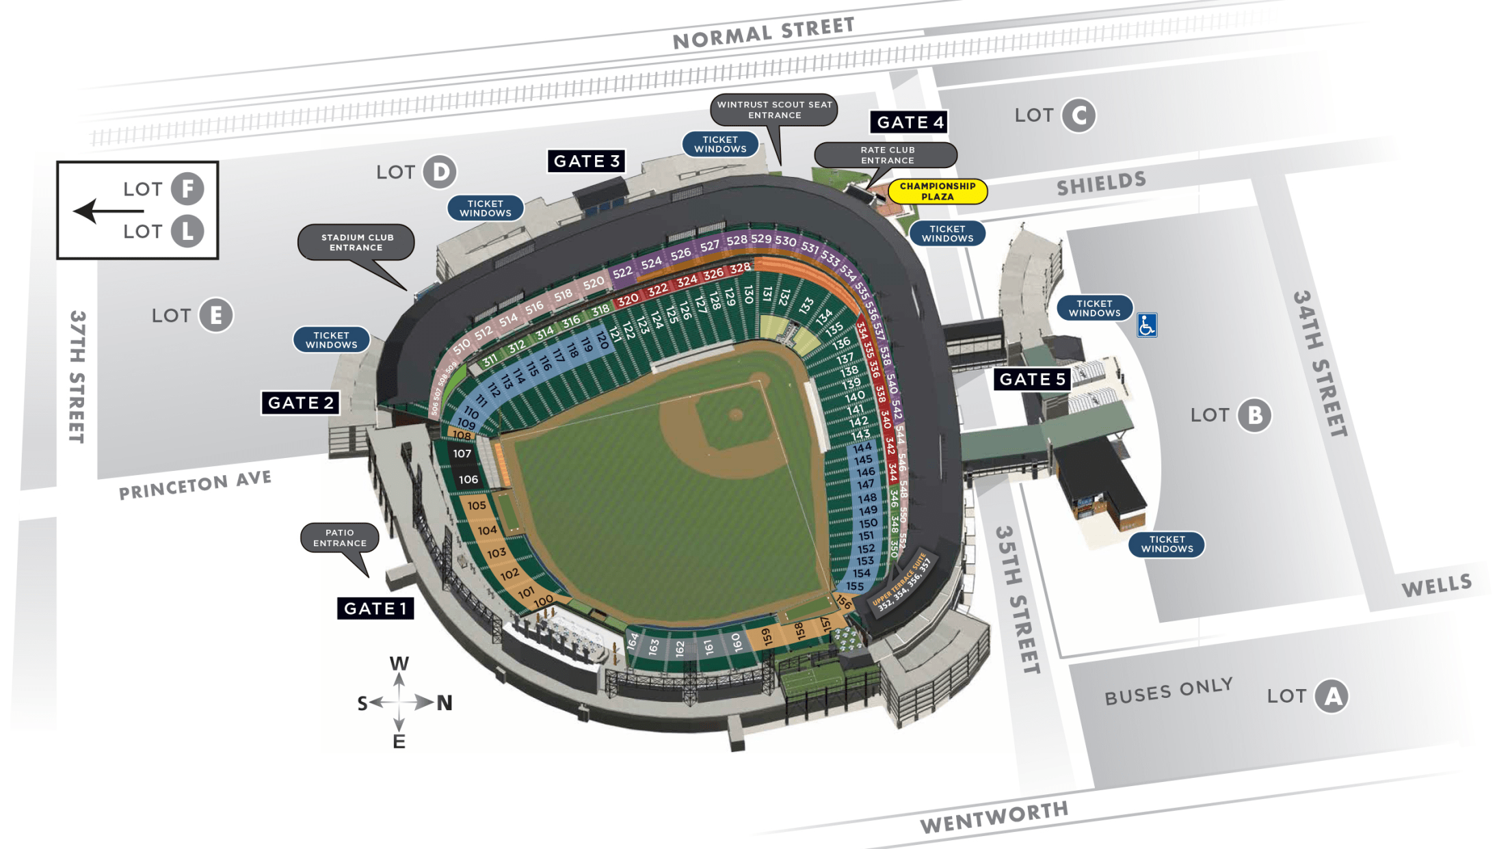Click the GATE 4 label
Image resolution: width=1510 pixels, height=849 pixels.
click(909, 122)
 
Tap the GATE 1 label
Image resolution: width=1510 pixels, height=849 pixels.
click(375, 608)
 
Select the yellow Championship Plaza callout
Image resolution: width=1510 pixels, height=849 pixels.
click(938, 191)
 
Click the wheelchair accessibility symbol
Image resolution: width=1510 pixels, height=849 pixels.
click(1147, 325)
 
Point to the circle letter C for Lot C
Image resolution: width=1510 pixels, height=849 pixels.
click(1078, 116)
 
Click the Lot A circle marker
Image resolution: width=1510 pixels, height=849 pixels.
click(1332, 697)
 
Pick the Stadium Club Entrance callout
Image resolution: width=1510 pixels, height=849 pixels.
click(356, 243)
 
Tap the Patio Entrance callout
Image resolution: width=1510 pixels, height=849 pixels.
click(340, 538)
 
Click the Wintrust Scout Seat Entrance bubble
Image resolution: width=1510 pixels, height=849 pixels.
click(774, 110)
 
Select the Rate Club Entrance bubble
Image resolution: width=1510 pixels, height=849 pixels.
click(887, 155)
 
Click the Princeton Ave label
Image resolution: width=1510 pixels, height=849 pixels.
click(195, 485)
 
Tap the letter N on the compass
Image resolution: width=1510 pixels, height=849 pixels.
click(445, 703)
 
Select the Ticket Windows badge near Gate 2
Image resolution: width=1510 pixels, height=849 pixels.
click(332, 340)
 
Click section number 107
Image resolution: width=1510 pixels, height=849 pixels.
click(462, 454)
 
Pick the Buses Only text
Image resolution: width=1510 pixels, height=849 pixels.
click(1168, 692)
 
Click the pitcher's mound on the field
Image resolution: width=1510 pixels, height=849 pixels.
click(736, 414)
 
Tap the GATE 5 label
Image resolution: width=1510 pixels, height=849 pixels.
click(1032, 379)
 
